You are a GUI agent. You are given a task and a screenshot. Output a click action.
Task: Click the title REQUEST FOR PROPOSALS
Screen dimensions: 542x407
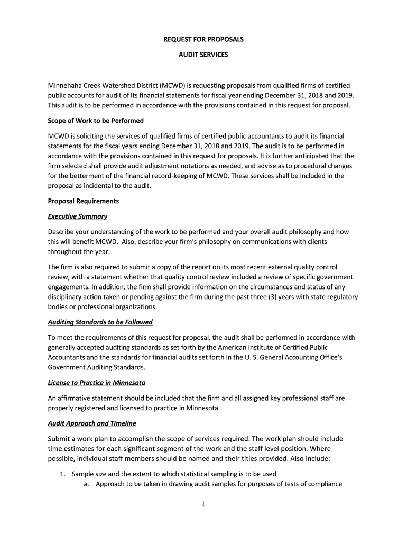click(203, 40)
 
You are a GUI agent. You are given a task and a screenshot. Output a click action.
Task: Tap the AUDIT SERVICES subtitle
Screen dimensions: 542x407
click(203, 55)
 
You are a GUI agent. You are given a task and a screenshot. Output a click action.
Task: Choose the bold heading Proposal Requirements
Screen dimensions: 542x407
click(84, 201)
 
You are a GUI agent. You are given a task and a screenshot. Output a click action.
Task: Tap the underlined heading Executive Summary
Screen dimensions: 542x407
click(78, 216)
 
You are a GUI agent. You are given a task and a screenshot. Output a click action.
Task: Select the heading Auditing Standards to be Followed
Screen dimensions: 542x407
click(100, 322)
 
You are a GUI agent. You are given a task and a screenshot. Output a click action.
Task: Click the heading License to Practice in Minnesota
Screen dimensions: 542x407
click(97, 382)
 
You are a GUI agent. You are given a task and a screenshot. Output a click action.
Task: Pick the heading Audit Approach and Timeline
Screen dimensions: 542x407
click(92, 423)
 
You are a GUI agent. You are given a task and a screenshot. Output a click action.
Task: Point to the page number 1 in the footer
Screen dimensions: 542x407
click(203, 504)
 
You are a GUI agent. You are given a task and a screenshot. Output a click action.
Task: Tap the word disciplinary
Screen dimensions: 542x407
click(67, 297)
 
